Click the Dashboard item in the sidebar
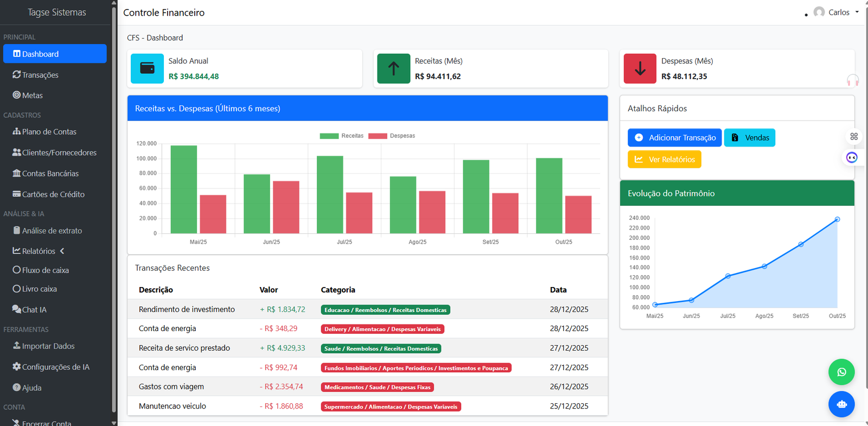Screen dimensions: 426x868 tap(54, 54)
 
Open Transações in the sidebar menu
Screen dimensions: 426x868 tap(40, 75)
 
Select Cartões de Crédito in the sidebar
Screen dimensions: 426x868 tap(53, 194)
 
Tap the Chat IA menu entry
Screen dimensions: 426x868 tap(34, 309)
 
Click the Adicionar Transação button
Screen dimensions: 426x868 tap(674, 138)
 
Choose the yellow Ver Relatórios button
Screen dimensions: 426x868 tap(664, 160)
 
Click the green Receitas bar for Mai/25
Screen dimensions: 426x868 tap(184, 189)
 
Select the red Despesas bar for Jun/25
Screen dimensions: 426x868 tap(286, 207)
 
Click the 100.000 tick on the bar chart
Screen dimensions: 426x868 tap(146, 158)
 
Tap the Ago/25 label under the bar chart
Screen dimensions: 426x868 tap(417, 242)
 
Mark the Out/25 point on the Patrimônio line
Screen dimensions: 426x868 tap(837, 219)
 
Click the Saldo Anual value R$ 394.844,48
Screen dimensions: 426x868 tap(194, 77)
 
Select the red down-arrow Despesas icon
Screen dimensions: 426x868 tap(640, 68)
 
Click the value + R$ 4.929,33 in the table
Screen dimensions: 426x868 tap(283, 348)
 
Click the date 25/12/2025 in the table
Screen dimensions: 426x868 tap(569, 406)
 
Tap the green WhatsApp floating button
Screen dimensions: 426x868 tap(841, 372)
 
